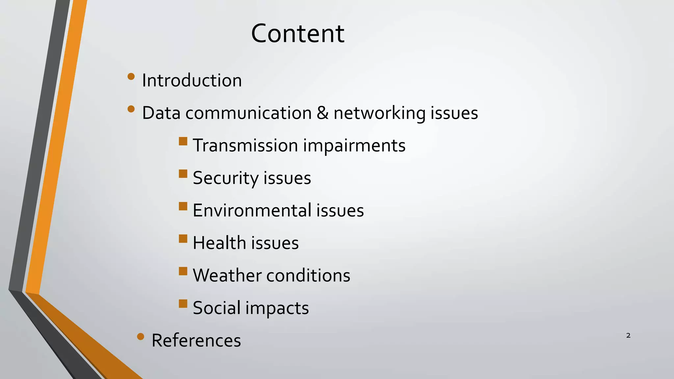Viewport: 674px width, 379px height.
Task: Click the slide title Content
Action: [x=298, y=34]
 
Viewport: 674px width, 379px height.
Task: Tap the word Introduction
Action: [x=192, y=80]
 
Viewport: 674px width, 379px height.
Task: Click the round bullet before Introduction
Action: [x=131, y=77]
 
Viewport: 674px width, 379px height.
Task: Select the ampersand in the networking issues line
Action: [x=323, y=113]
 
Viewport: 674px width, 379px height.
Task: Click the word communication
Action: [x=248, y=113]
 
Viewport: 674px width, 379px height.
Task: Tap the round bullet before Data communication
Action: [x=131, y=109]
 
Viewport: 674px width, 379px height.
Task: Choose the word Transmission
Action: [x=245, y=145]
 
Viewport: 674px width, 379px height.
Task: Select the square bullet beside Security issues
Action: [x=183, y=174]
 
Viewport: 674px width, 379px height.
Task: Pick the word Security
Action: [x=225, y=178]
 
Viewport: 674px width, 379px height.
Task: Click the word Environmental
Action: [x=252, y=210]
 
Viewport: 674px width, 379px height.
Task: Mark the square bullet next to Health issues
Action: [x=183, y=239]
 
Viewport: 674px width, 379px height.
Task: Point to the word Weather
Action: [x=227, y=275]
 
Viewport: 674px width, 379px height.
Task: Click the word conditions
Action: [x=308, y=275]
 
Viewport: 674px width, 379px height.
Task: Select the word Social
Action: [x=217, y=308]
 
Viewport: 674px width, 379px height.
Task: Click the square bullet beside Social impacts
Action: [x=183, y=303]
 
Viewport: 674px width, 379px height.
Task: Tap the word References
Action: [x=196, y=340]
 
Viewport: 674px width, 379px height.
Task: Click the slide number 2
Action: [x=628, y=336]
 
